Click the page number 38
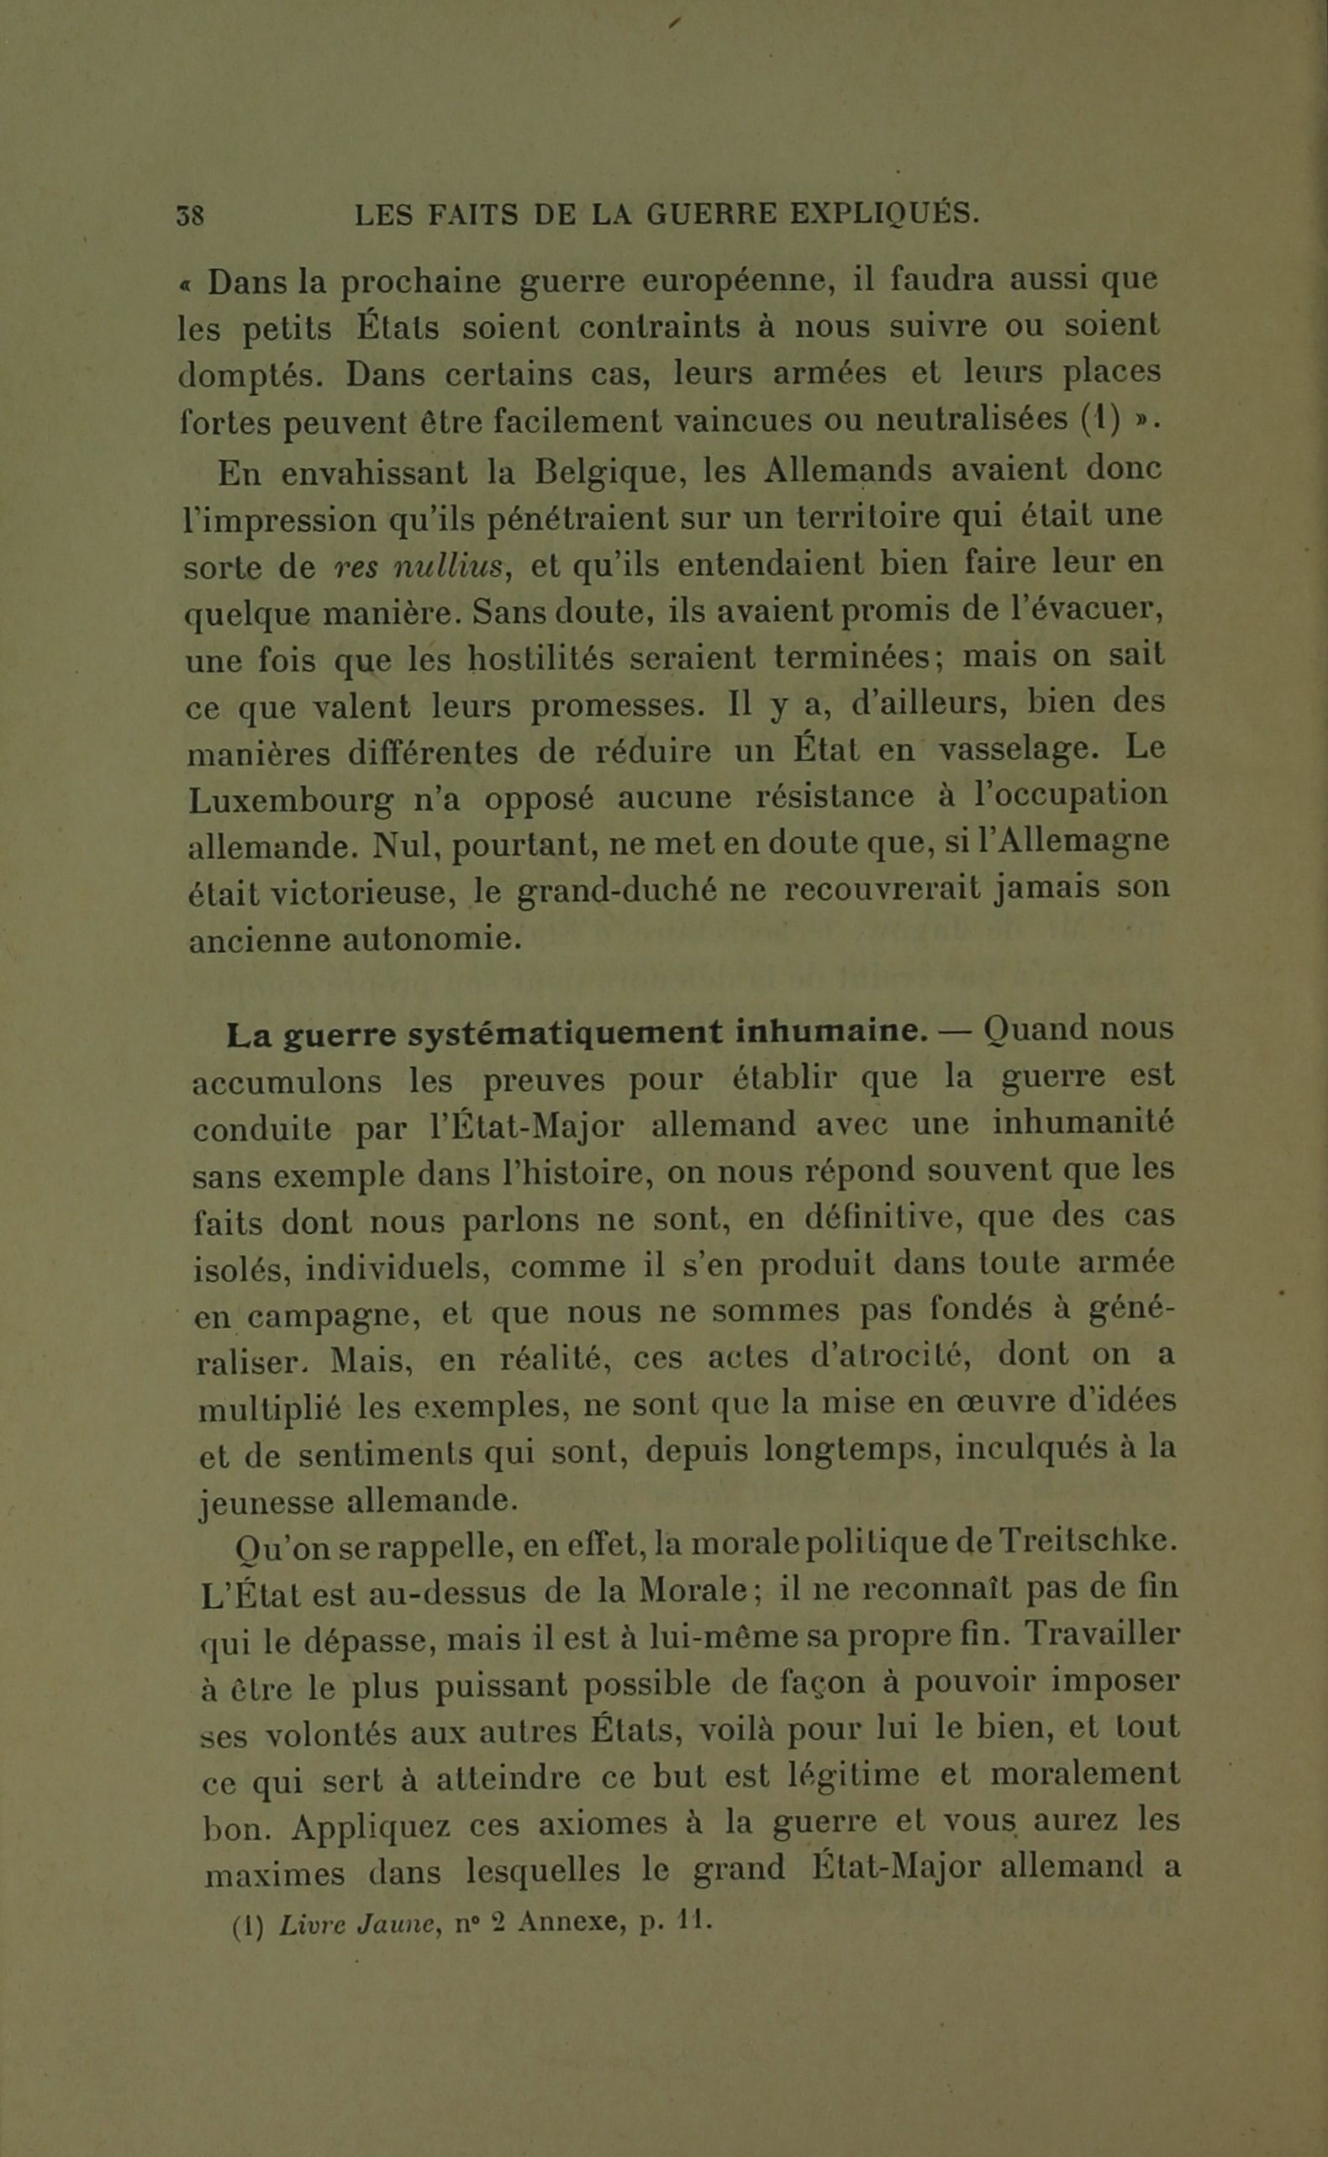point(191,215)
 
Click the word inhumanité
point(1083,1124)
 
